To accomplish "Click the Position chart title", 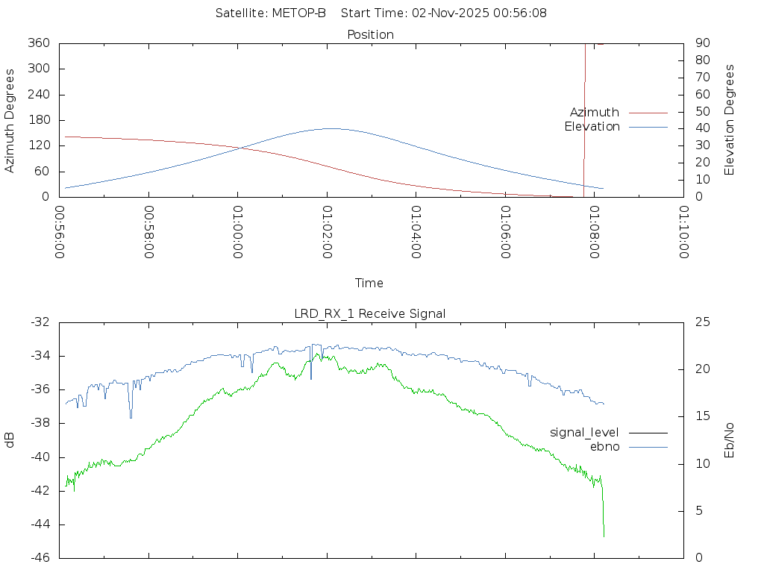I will point(371,34).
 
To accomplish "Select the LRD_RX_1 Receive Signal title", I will point(370,313).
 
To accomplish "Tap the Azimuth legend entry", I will point(595,112).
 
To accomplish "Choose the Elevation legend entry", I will point(592,127).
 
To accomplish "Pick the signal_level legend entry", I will point(584,432).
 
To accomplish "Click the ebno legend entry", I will point(605,446).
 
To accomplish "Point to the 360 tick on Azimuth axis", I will point(39,43).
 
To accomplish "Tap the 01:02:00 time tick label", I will point(327,232).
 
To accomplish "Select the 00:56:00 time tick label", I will point(60,232).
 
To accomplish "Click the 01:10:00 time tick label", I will point(683,232).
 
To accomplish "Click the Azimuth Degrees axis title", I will point(10,120).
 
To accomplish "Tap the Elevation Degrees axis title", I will point(730,120).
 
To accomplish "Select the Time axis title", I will point(369,283).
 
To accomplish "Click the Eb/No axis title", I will point(730,440).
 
